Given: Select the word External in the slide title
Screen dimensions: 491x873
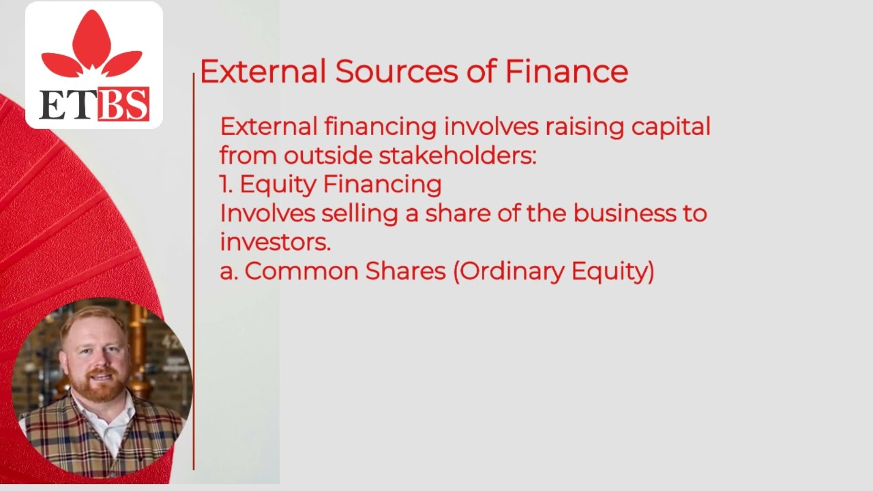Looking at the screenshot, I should tap(263, 72).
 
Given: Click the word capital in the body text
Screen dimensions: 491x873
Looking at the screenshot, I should tap(670, 127).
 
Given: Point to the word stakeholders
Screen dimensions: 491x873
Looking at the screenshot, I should tap(457, 155).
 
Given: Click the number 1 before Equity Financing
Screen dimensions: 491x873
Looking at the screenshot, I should tap(225, 185).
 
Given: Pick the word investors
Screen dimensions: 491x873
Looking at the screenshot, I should tap(275, 242).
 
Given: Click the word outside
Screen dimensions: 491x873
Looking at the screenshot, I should tap(327, 155).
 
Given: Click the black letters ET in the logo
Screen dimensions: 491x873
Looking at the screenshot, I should tap(67, 105).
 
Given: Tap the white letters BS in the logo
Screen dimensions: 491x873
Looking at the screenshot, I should tap(123, 105).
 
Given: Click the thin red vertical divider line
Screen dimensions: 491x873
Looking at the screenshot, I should tap(194, 273).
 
